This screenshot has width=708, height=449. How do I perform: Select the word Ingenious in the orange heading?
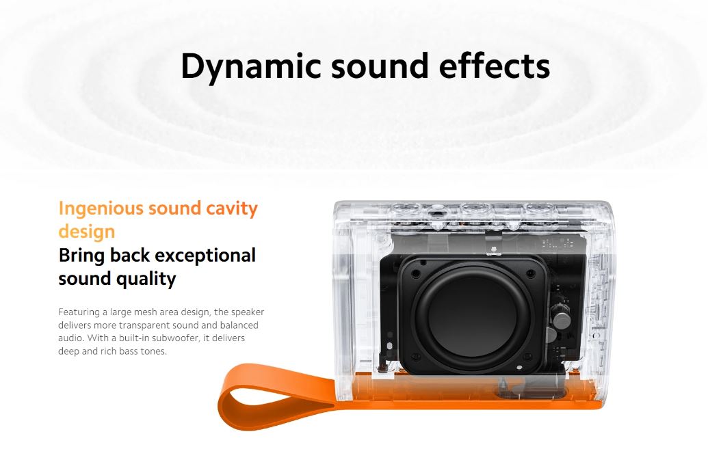click(101, 209)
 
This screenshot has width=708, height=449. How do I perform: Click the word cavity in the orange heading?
click(232, 209)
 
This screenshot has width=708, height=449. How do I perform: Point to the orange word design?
click(87, 232)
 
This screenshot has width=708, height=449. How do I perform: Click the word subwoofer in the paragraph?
click(174, 338)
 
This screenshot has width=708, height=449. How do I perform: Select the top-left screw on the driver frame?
click(416, 274)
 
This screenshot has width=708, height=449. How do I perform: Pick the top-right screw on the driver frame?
click(531, 273)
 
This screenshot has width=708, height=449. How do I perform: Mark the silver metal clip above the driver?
click(493, 245)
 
